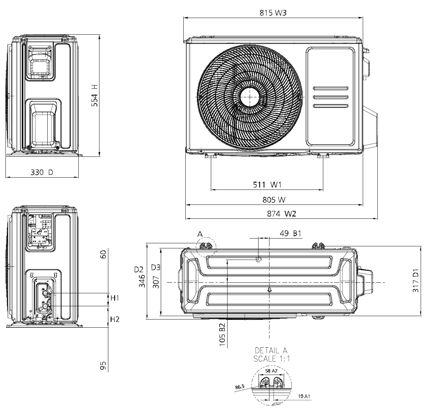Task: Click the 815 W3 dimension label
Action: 272,13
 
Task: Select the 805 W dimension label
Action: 274,200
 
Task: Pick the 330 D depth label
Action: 42,172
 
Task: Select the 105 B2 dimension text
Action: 222,335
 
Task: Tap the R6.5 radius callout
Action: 240,387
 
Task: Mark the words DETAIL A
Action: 271,350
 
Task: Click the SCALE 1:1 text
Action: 271,358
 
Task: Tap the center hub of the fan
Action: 250,97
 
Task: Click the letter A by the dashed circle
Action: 200,234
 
